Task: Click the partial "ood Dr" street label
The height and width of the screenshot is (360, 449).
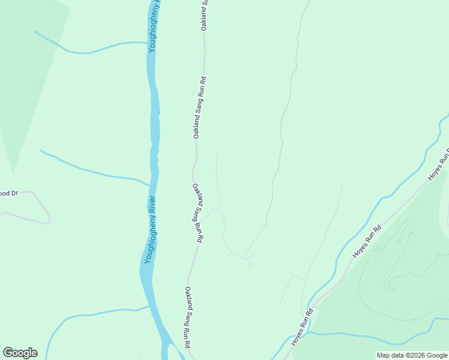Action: coord(9,193)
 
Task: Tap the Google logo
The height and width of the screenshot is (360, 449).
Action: coord(20,353)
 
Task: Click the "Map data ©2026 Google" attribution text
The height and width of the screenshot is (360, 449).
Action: coord(412,355)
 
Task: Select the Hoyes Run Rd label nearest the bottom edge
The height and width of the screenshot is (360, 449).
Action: coord(303,328)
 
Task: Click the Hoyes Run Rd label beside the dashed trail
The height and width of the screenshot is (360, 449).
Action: coord(367,242)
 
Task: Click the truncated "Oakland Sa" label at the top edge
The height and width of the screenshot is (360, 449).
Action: coord(205,16)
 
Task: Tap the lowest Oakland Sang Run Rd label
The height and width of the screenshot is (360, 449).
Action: coord(188,318)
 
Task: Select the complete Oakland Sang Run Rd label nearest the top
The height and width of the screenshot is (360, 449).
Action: coord(199,107)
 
